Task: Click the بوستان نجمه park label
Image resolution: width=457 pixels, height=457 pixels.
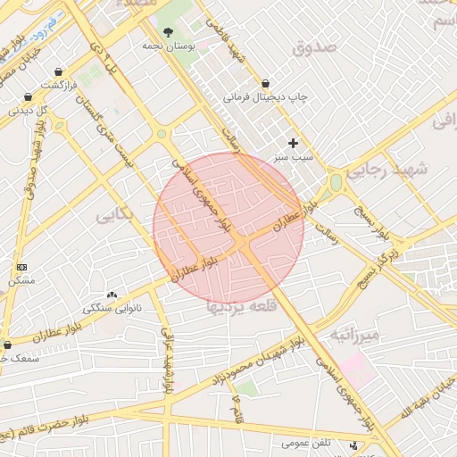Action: pyautogui.click(x=168, y=45)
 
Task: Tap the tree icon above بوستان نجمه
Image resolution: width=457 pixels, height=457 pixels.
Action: pyautogui.click(x=168, y=32)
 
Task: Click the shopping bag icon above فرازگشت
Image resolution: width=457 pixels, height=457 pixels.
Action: pyautogui.click(x=59, y=72)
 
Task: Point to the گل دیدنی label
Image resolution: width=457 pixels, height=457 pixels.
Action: pyautogui.click(x=28, y=111)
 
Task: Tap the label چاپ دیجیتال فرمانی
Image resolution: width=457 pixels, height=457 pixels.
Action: pyautogui.click(x=265, y=96)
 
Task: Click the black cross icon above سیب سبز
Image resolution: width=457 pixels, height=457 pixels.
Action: pyautogui.click(x=293, y=143)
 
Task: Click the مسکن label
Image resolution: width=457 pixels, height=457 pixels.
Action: pyautogui.click(x=21, y=280)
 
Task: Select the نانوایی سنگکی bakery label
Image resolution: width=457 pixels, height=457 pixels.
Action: pyautogui.click(x=112, y=308)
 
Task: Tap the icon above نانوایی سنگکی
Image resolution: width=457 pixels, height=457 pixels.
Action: pyautogui.click(x=112, y=295)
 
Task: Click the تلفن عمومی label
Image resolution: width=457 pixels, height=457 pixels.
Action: pyautogui.click(x=307, y=443)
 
